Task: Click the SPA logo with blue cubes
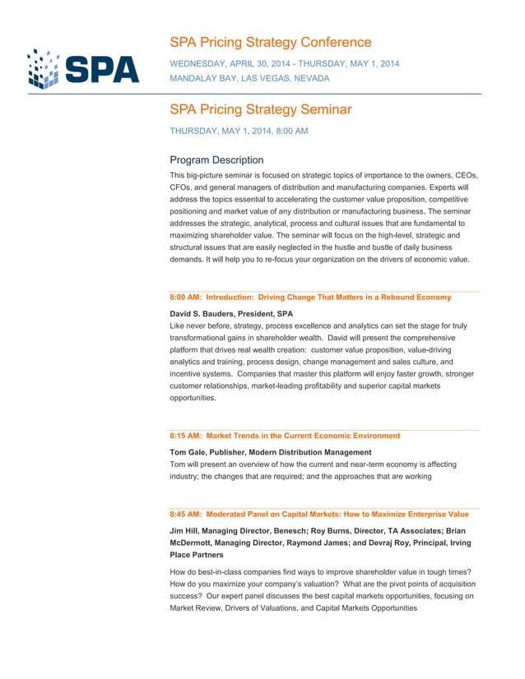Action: coord(83,68)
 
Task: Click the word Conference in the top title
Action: coord(332,43)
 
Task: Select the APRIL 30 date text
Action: coord(250,64)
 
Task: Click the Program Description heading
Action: coord(216,160)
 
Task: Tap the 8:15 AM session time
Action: coord(185,436)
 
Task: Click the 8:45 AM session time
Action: coord(185,515)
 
